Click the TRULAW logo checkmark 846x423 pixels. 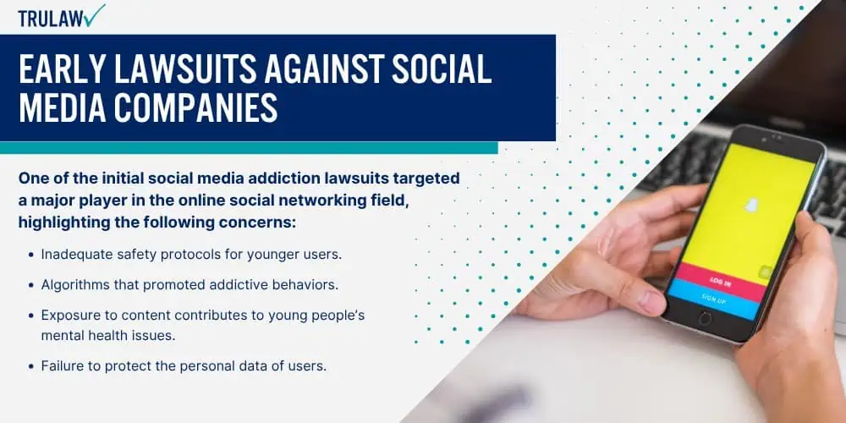[95, 15]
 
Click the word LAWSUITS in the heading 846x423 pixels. [183, 69]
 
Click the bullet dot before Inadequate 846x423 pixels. [30, 255]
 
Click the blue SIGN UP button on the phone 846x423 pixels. [712, 299]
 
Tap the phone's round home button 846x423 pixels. [705, 318]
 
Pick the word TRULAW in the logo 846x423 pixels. [51, 19]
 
